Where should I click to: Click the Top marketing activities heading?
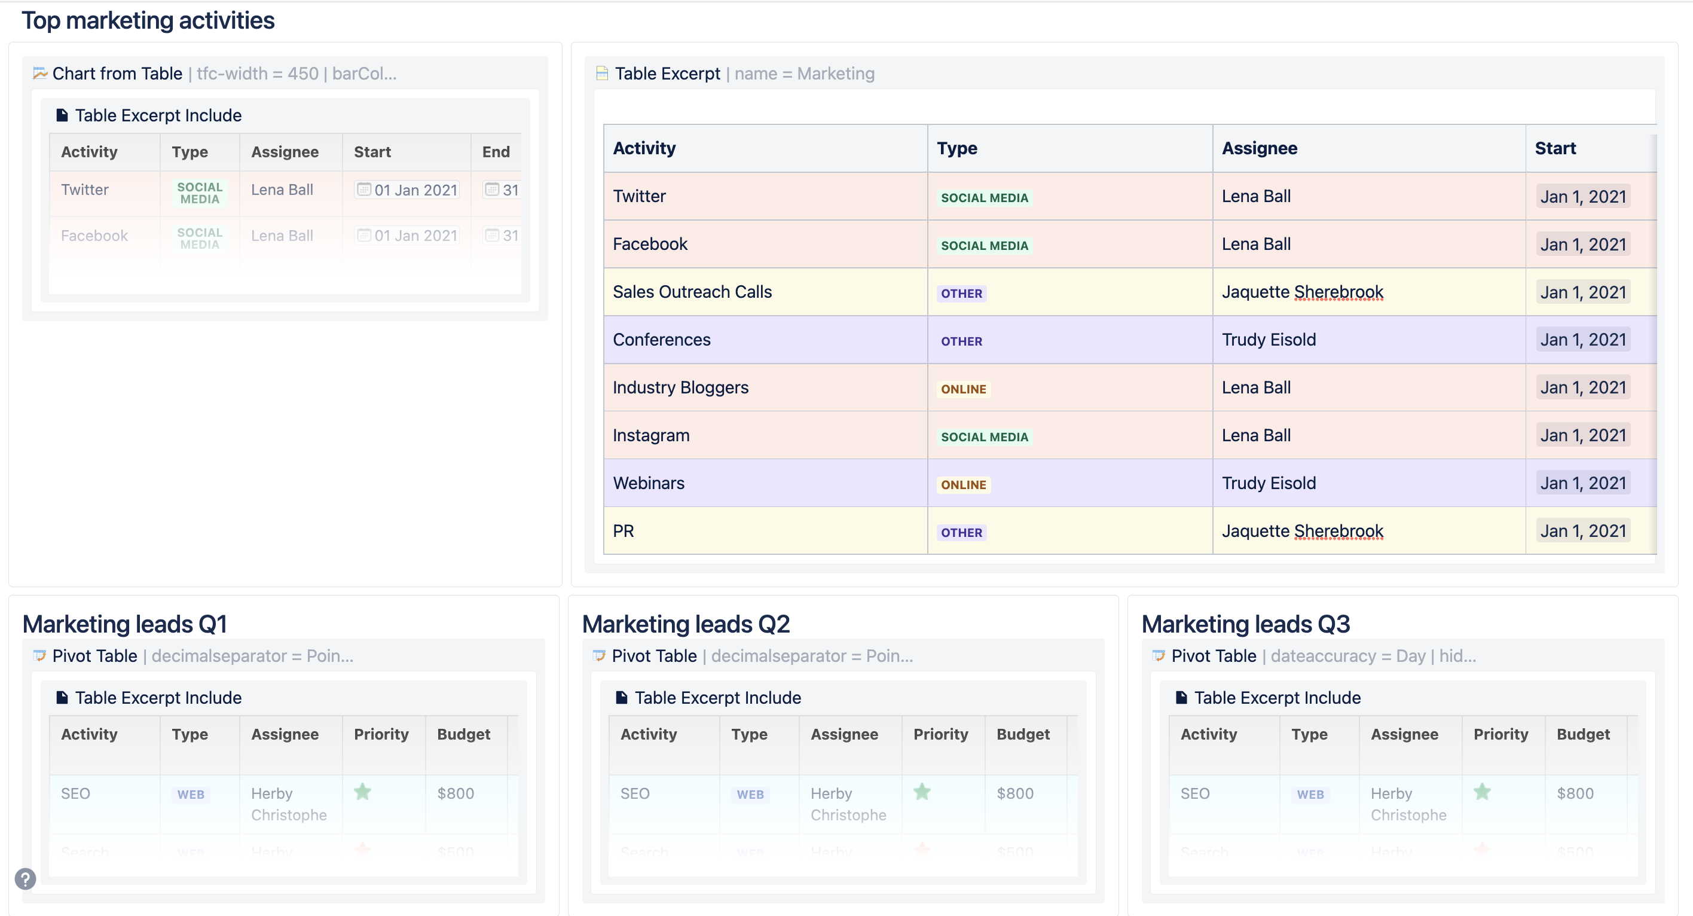[x=148, y=20]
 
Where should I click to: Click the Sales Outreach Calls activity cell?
[x=692, y=292]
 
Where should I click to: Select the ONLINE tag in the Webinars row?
[x=963, y=485]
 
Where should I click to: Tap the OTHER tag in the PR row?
[x=961, y=533]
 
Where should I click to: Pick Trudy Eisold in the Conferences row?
[x=1269, y=340]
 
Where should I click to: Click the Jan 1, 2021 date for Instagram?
[x=1582, y=436]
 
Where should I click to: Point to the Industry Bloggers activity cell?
[x=680, y=387]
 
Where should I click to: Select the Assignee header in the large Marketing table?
[x=1259, y=148]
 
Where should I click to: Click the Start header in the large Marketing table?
[x=1555, y=148]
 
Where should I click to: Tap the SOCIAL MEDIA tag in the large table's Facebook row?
[x=984, y=246]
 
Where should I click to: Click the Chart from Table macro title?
[x=117, y=74]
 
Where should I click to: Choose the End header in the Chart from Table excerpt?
[x=496, y=152]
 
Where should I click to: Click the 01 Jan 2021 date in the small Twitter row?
[x=415, y=191]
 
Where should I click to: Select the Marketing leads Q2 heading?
[x=686, y=624]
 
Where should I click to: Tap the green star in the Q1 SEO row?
[x=363, y=792]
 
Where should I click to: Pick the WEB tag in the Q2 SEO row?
[x=750, y=795]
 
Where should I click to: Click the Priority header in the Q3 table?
[x=1501, y=734]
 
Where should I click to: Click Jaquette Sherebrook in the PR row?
[x=1302, y=531]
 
